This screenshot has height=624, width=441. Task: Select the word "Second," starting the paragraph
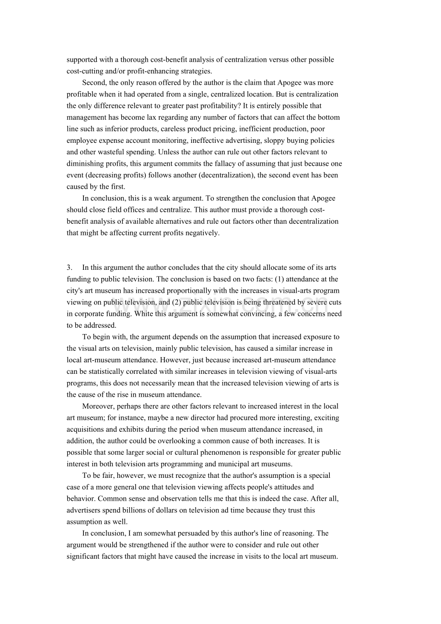point(94,82)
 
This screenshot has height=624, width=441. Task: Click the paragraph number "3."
point(70,267)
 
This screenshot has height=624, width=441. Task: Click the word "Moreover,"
point(97,406)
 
